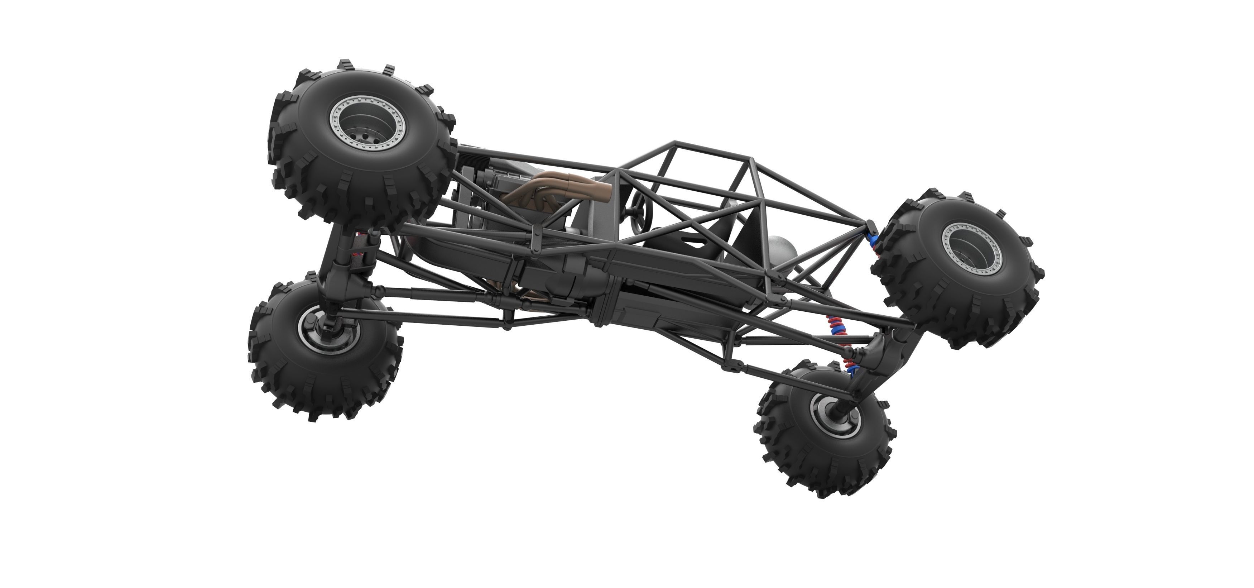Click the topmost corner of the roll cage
[x=675, y=143]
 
